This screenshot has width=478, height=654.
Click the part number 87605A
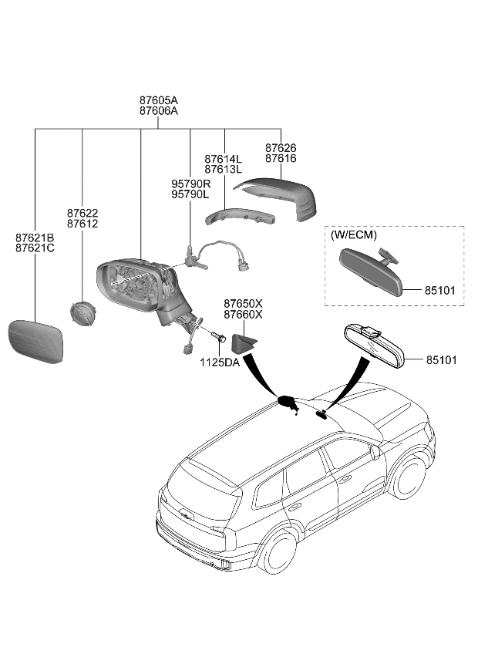[158, 100]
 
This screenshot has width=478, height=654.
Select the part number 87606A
[158, 111]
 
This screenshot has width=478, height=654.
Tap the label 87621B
[35, 238]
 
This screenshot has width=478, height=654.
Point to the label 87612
[82, 224]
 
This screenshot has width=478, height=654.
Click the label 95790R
[190, 184]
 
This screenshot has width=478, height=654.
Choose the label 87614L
[223, 158]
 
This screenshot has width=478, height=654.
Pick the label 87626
[281, 147]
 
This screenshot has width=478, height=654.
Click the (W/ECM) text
[354, 234]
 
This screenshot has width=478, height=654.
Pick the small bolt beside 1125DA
[217, 338]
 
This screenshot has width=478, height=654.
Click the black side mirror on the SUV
[288, 403]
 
